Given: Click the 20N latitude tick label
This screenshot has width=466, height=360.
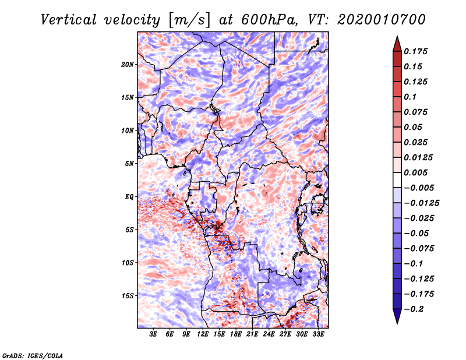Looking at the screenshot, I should click(x=128, y=64).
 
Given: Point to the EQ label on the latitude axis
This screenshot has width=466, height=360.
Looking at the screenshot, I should click(x=129, y=196).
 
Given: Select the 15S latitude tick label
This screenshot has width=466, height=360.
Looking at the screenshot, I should click(x=128, y=295).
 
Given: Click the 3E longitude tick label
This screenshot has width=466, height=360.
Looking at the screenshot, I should click(x=154, y=334).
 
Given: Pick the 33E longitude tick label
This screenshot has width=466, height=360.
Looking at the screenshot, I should click(x=319, y=334).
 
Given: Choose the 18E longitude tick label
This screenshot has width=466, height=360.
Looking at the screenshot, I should click(x=236, y=334).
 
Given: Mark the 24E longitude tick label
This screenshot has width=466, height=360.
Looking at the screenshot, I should click(x=269, y=334).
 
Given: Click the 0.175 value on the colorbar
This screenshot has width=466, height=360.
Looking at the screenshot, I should click(x=417, y=51).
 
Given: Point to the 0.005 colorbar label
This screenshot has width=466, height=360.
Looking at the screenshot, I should click(x=417, y=172).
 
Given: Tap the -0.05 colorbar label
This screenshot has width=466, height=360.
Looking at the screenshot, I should click(x=417, y=233).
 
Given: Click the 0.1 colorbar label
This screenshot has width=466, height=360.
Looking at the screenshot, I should click(x=411, y=97).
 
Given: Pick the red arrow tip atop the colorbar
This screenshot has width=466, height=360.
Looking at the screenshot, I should click(x=397, y=40).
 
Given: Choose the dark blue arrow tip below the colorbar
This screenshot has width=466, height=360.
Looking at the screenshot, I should click(x=397, y=319).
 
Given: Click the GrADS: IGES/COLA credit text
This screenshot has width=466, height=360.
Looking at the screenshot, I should click(x=32, y=355).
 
